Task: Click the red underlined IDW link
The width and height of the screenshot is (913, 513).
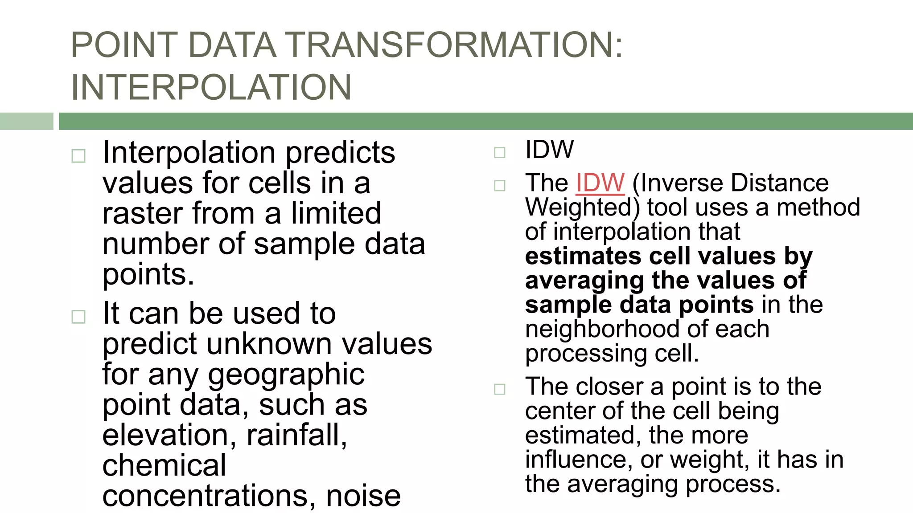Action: (x=600, y=183)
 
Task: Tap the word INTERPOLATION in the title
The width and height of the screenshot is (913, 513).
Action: (x=211, y=87)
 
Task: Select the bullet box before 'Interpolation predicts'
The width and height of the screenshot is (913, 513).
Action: (x=78, y=156)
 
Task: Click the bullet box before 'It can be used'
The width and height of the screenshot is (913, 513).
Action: (x=78, y=317)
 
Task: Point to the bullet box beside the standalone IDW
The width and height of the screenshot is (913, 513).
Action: (x=500, y=153)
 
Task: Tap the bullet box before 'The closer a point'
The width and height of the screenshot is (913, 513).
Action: (x=500, y=389)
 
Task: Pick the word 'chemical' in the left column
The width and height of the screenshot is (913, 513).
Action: (x=164, y=465)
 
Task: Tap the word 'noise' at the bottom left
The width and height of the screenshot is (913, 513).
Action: (x=363, y=496)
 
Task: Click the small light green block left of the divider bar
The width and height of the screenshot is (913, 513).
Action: (x=26, y=121)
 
